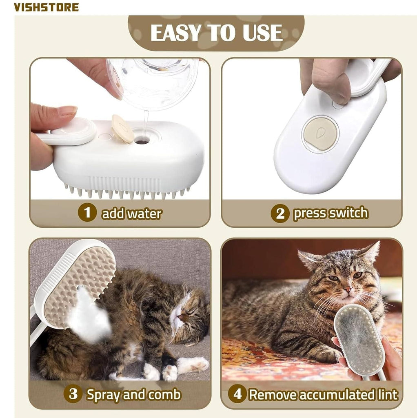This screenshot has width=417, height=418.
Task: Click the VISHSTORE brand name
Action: pos(46,7)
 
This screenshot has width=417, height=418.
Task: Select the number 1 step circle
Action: pos(87,213)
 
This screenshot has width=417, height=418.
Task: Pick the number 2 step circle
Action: pos(280,213)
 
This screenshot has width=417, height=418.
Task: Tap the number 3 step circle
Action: pos(73,394)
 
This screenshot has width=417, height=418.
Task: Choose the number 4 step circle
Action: pos(237,394)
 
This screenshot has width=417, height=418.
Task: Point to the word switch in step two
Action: pos(348,213)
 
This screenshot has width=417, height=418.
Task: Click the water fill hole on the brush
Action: pos(142,142)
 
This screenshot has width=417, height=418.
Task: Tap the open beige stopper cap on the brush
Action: pos(122,129)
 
